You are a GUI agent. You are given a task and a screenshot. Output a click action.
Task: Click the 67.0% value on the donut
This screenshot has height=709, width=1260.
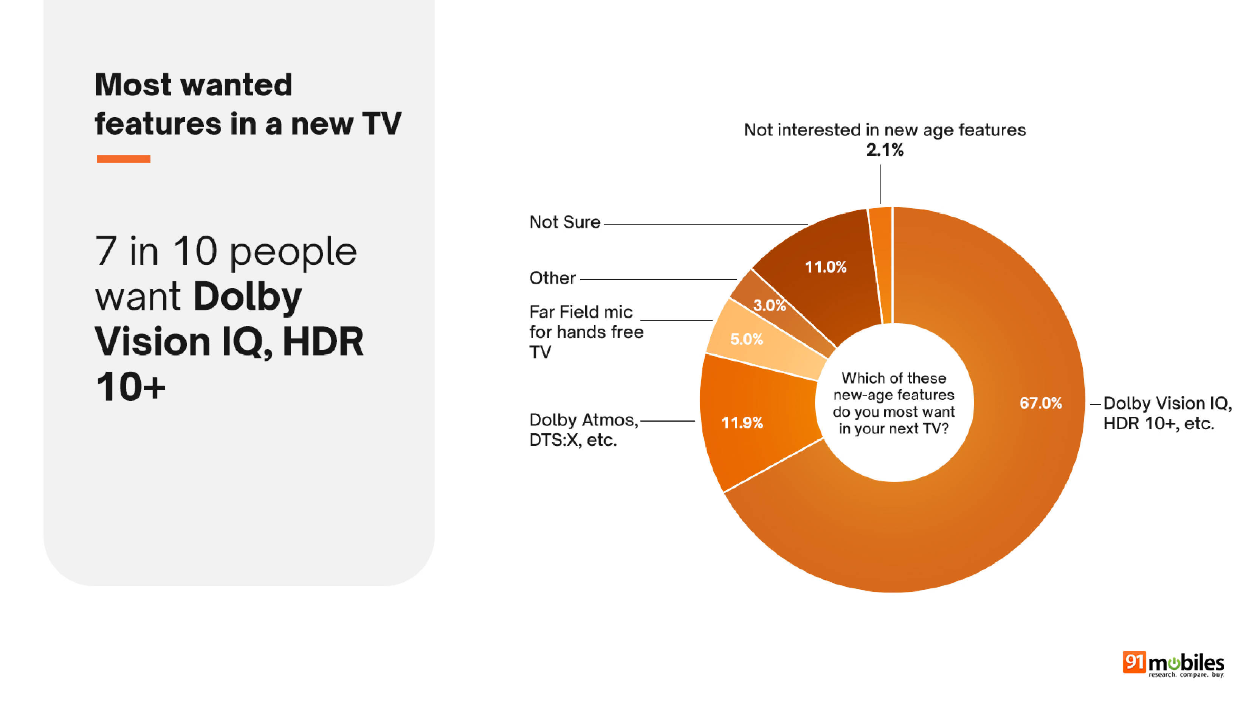tap(1040, 403)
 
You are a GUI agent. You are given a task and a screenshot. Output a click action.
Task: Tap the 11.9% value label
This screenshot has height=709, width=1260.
tap(742, 423)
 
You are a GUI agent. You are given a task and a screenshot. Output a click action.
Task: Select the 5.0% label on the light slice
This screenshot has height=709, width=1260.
tap(746, 339)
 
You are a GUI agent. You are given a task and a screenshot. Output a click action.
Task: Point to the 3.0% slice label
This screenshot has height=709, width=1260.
tap(769, 306)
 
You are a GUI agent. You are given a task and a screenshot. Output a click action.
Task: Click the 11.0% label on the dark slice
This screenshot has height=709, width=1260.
tap(826, 267)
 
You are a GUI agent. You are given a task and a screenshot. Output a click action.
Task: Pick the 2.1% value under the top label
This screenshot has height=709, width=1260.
tap(885, 150)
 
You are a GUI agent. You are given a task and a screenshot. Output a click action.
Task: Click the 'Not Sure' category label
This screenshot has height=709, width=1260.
tap(564, 222)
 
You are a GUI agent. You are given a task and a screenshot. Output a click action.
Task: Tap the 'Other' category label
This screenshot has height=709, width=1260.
tap(552, 278)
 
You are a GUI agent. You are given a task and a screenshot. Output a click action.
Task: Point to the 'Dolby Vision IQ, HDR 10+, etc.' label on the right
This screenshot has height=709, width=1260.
tap(1167, 413)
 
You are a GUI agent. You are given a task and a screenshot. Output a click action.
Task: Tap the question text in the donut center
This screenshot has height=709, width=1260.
tap(894, 403)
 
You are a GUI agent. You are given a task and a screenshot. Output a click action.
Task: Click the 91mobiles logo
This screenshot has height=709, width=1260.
tap(1173, 664)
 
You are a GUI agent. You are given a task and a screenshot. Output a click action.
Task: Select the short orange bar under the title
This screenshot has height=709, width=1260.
tap(123, 159)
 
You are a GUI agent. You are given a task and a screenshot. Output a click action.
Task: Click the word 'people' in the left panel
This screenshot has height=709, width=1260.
tap(293, 252)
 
